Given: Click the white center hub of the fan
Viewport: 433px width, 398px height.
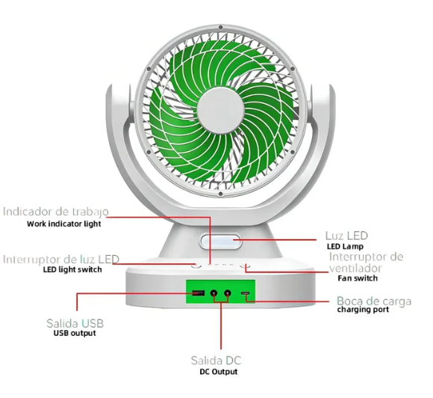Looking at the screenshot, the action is tap(221, 111).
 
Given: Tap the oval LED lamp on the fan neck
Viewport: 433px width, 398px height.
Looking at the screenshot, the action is tap(221, 241).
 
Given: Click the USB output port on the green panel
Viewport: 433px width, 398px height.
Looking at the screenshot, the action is tap(199, 293).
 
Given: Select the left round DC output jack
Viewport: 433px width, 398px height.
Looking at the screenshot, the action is tap(214, 293).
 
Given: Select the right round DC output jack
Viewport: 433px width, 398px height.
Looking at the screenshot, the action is tap(227, 293).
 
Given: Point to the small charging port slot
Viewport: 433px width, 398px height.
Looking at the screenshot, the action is tap(246, 293).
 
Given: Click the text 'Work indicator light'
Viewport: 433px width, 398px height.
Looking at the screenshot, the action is tap(64, 224).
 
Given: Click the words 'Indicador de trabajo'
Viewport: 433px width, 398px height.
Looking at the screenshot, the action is tap(56, 212).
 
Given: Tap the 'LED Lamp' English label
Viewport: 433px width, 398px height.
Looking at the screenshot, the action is tap(345, 246).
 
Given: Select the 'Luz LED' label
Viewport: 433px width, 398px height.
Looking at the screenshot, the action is tap(346, 236).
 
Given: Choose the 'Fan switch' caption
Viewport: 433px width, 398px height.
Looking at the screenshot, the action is tap(358, 278).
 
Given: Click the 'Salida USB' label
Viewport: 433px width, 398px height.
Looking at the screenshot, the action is tap(75, 323).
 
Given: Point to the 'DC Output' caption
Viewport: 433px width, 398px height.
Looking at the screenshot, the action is tap(219, 371).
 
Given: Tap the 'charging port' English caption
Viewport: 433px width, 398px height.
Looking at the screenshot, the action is tap(363, 310).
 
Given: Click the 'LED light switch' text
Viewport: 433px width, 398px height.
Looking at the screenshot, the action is tap(72, 269).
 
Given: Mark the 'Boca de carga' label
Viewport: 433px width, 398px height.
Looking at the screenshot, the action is tap(374, 301).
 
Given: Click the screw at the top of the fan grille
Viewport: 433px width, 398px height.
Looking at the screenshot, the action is tap(220, 27).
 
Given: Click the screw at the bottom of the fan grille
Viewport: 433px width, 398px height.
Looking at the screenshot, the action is tap(220, 194).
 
